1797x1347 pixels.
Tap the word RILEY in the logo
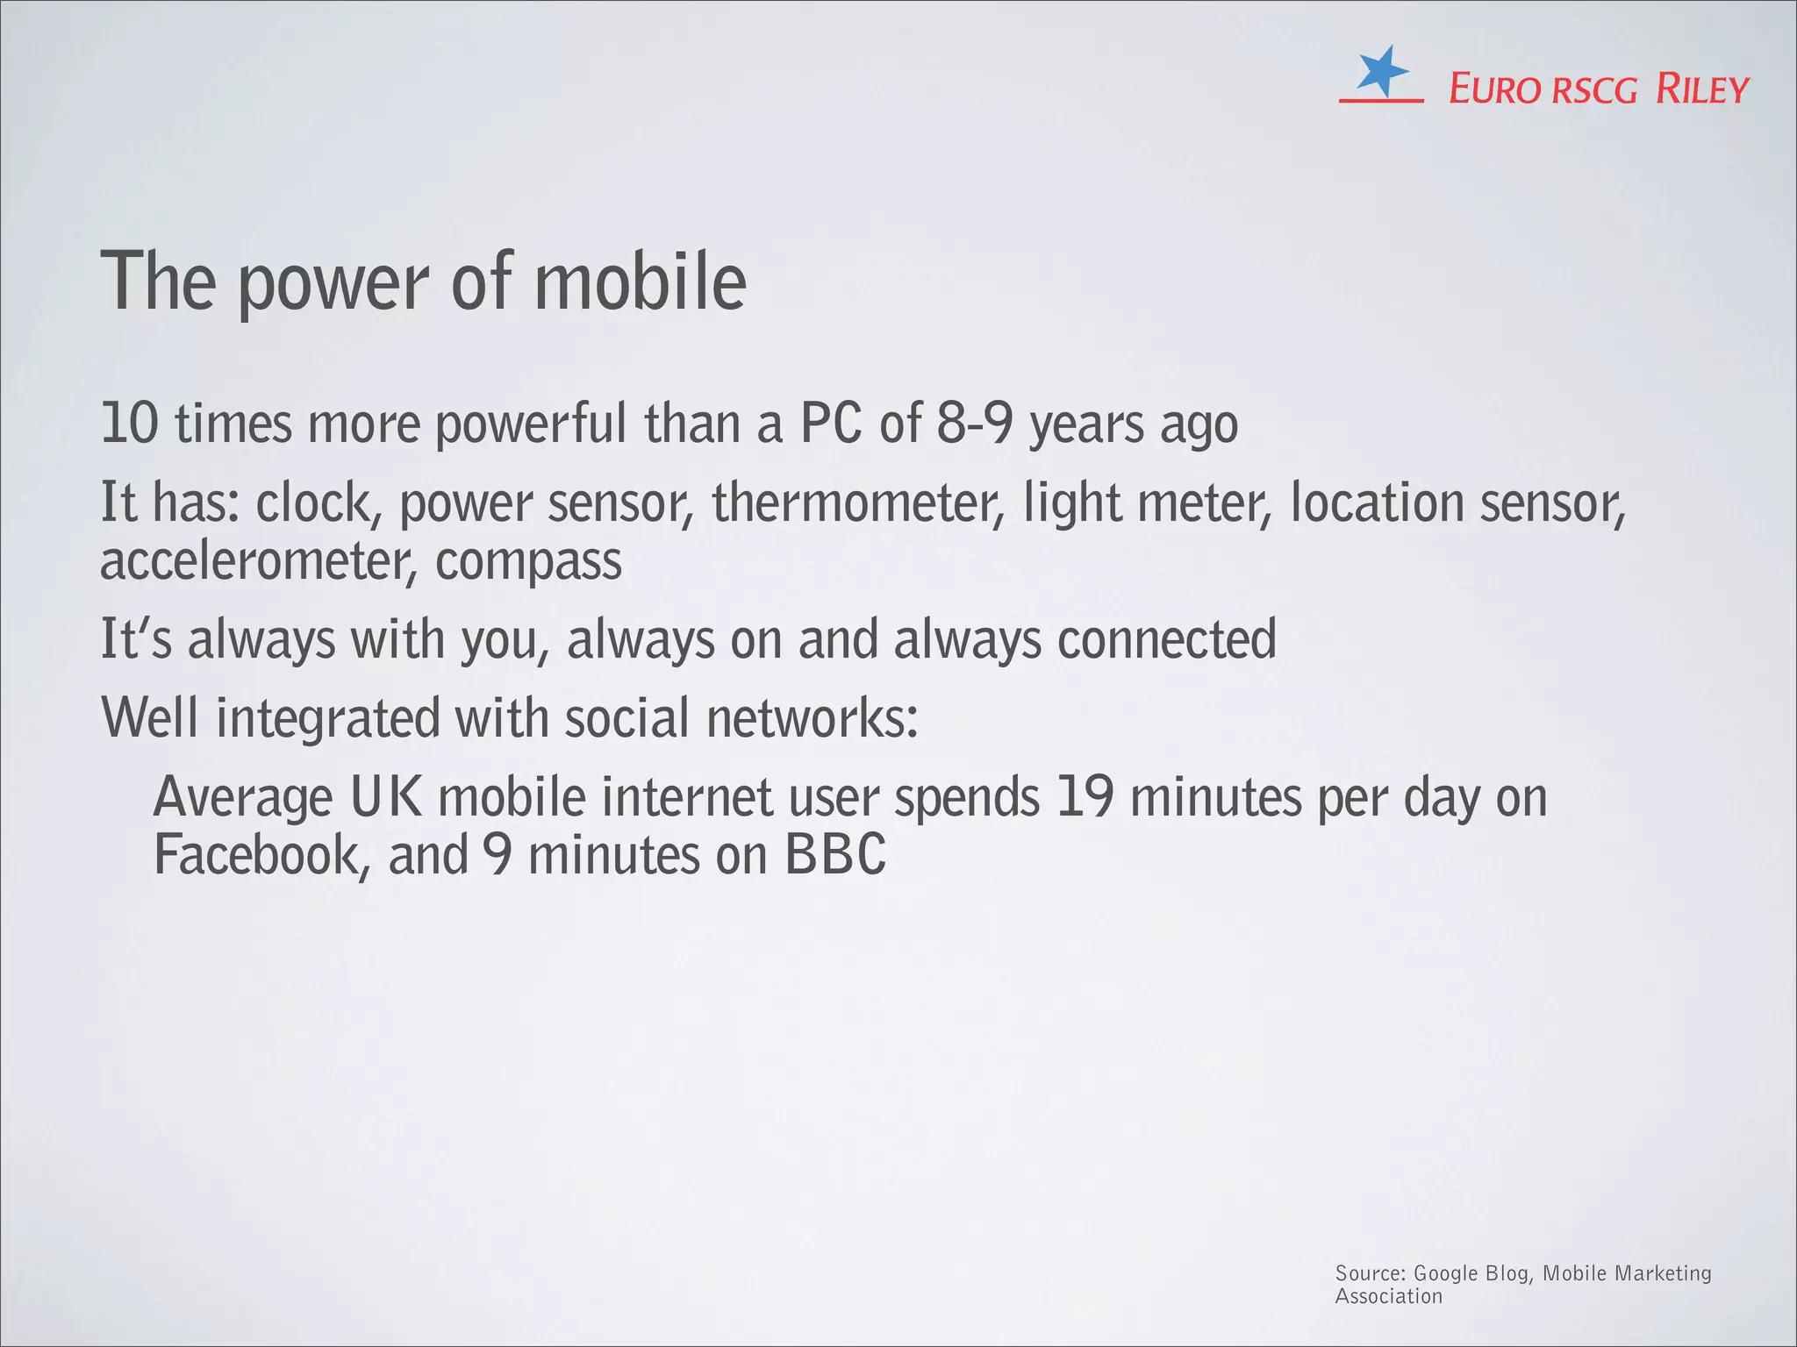coord(1701,90)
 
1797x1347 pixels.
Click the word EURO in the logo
coord(1493,90)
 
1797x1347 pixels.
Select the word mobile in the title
coord(640,282)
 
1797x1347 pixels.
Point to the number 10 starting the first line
coord(129,423)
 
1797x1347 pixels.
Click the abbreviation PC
coord(830,423)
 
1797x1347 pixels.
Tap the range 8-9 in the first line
coord(975,423)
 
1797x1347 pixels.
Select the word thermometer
coord(857,502)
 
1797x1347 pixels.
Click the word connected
coord(1166,638)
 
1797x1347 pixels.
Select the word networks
coord(812,717)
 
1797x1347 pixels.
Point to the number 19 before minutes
coord(1085,796)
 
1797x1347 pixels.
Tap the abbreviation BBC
coord(835,854)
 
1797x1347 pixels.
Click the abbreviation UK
coord(386,796)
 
